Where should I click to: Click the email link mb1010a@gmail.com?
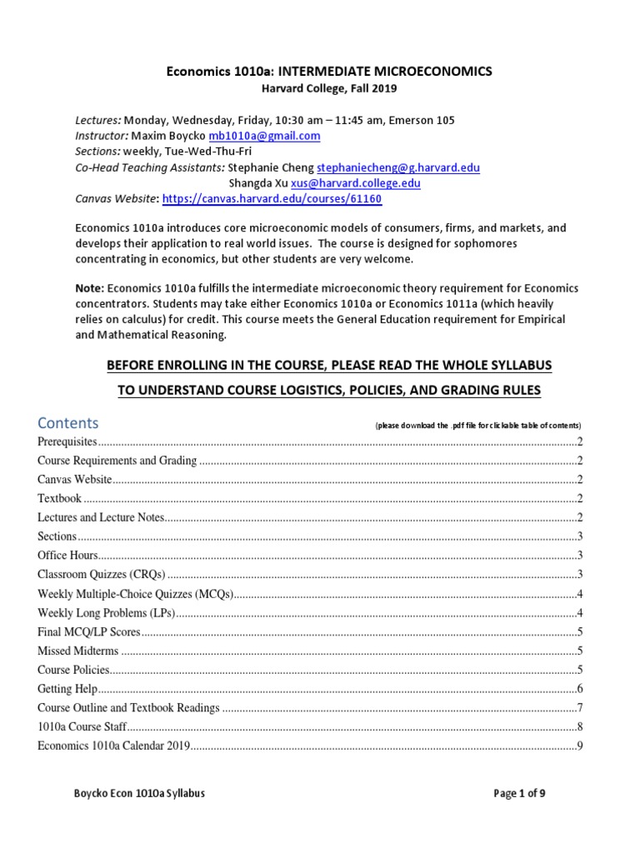pos(264,136)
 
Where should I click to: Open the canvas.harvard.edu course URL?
pos(272,199)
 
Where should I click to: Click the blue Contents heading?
pos(67,422)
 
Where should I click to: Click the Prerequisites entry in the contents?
pos(67,441)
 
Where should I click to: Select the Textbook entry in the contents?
pos(59,498)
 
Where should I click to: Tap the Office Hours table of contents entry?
pos(67,555)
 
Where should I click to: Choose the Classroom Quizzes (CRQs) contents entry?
pos(102,574)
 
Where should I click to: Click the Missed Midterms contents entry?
pos(78,651)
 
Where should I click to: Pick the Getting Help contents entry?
pos(67,689)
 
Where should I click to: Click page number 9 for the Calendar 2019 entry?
pos(579,746)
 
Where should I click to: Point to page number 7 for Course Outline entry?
pos(579,708)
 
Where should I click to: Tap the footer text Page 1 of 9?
pos(519,794)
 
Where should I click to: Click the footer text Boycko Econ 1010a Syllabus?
pos(139,794)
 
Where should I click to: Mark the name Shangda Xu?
pos(257,183)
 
